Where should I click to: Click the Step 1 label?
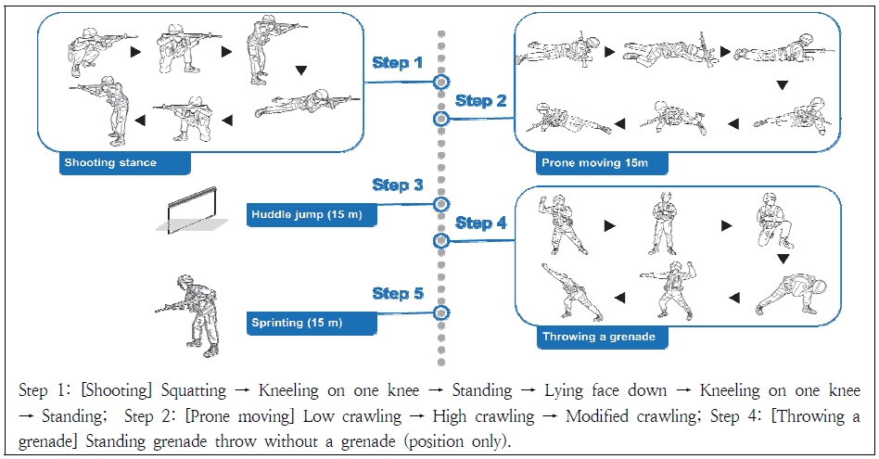(397, 63)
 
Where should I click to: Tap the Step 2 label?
(480, 100)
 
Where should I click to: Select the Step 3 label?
(397, 185)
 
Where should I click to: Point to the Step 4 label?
(480, 223)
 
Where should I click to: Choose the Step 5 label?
(397, 294)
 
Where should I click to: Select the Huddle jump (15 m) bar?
(311, 216)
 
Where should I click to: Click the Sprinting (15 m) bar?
(311, 324)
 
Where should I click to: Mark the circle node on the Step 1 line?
(441, 83)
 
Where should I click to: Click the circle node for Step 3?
(441, 204)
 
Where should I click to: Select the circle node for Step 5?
(441, 313)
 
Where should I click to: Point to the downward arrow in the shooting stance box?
(300, 70)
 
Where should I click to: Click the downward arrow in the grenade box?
(783, 259)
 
